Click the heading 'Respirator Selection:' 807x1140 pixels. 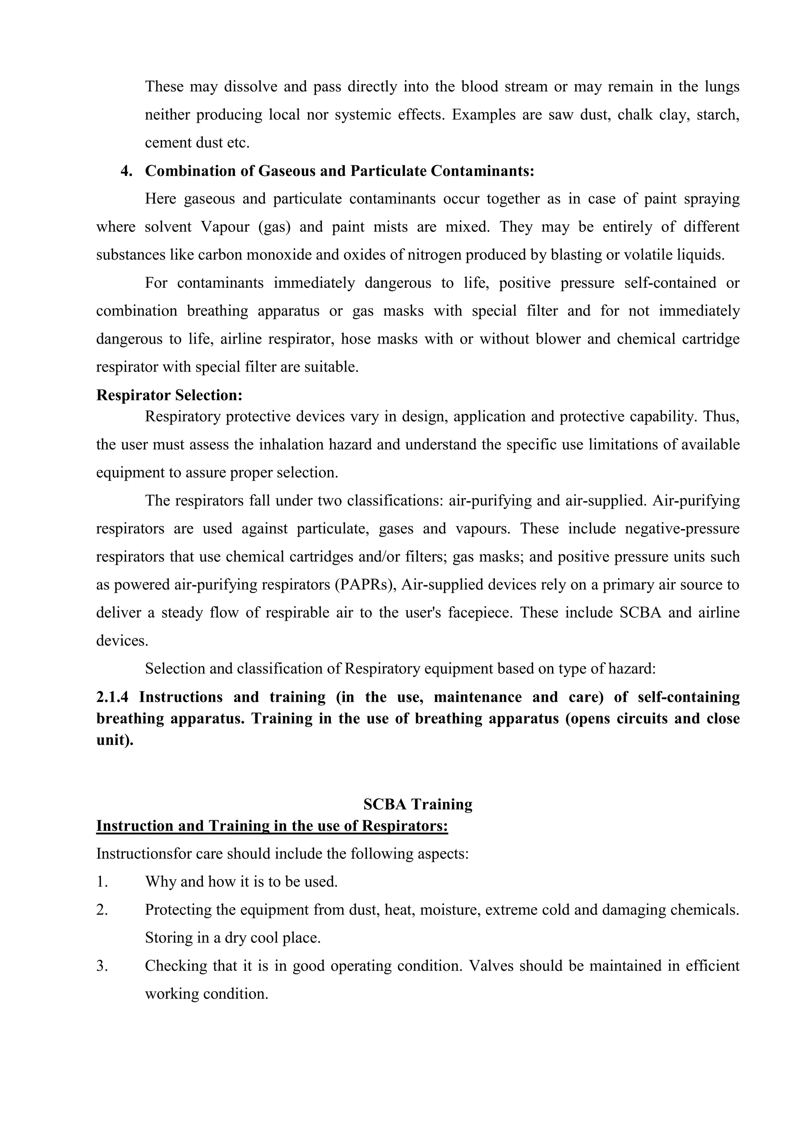coord(169,395)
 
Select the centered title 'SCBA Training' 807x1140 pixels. coord(417,804)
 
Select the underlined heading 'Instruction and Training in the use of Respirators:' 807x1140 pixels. coord(272,826)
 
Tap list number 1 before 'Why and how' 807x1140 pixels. coord(102,882)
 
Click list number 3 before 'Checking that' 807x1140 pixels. coord(102,966)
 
